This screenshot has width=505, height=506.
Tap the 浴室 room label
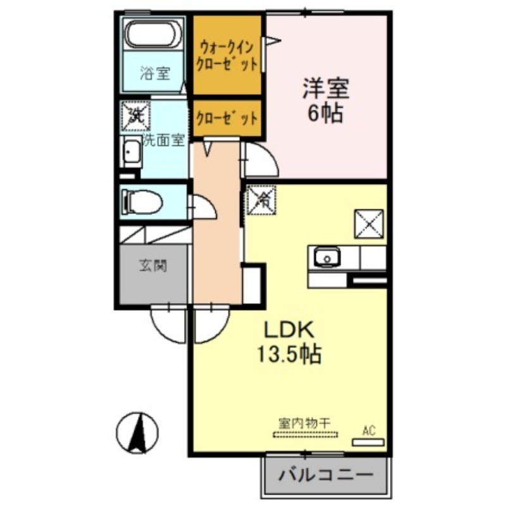154,73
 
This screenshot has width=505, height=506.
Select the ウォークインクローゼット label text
227,55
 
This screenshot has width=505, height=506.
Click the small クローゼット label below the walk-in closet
227,118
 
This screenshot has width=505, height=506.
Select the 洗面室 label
163,140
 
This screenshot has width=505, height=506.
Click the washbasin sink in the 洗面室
132,152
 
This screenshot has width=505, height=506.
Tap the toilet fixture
142,202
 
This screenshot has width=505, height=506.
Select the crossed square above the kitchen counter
368,223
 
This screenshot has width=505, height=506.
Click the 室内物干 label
306,422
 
